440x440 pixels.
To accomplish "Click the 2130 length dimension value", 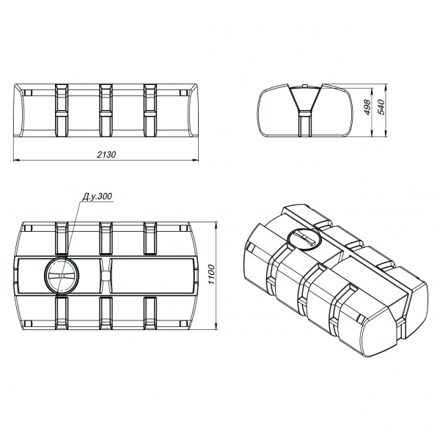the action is pyautogui.click(x=106, y=155).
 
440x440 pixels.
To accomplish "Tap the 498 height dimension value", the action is pyautogui.click(x=367, y=107).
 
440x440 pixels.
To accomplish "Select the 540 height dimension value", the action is pyautogui.click(x=381, y=107).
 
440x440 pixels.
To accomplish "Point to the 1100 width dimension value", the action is pyautogui.click(x=211, y=274).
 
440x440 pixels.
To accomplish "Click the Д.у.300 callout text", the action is pyautogui.click(x=97, y=197).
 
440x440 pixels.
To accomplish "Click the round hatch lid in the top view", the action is pyautogui.click(x=62, y=275).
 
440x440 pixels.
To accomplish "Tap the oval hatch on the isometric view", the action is pyautogui.click(x=304, y=237).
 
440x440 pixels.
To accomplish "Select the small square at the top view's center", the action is pyautogui.click(x=106, y=275).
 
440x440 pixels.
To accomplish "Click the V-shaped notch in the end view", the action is pyautogui.click(x=305, y=99).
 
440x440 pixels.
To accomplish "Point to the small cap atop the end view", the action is pyautogui.click(x=305, y=85).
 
